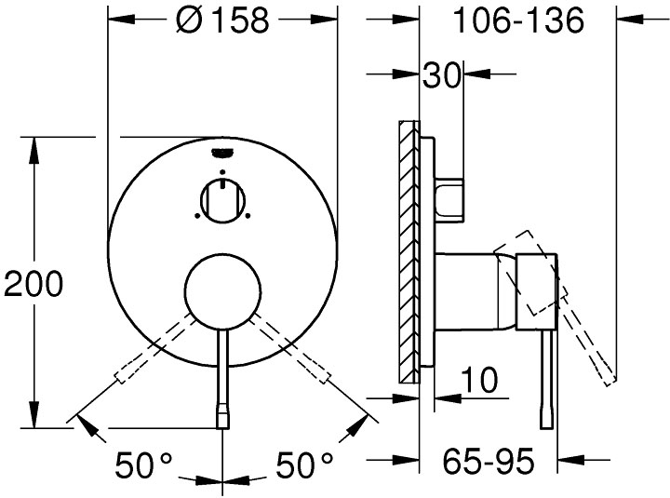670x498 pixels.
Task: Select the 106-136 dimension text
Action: coord(519,20)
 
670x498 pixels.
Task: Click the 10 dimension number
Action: coord(480,380)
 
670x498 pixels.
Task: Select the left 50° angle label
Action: coord(146,463)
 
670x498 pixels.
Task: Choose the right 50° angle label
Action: coord(304,463)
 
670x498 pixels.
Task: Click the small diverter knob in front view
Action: coord(221,199)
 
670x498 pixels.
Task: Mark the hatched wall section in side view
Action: coord(407,251)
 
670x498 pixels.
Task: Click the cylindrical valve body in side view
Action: coord(475,290)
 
